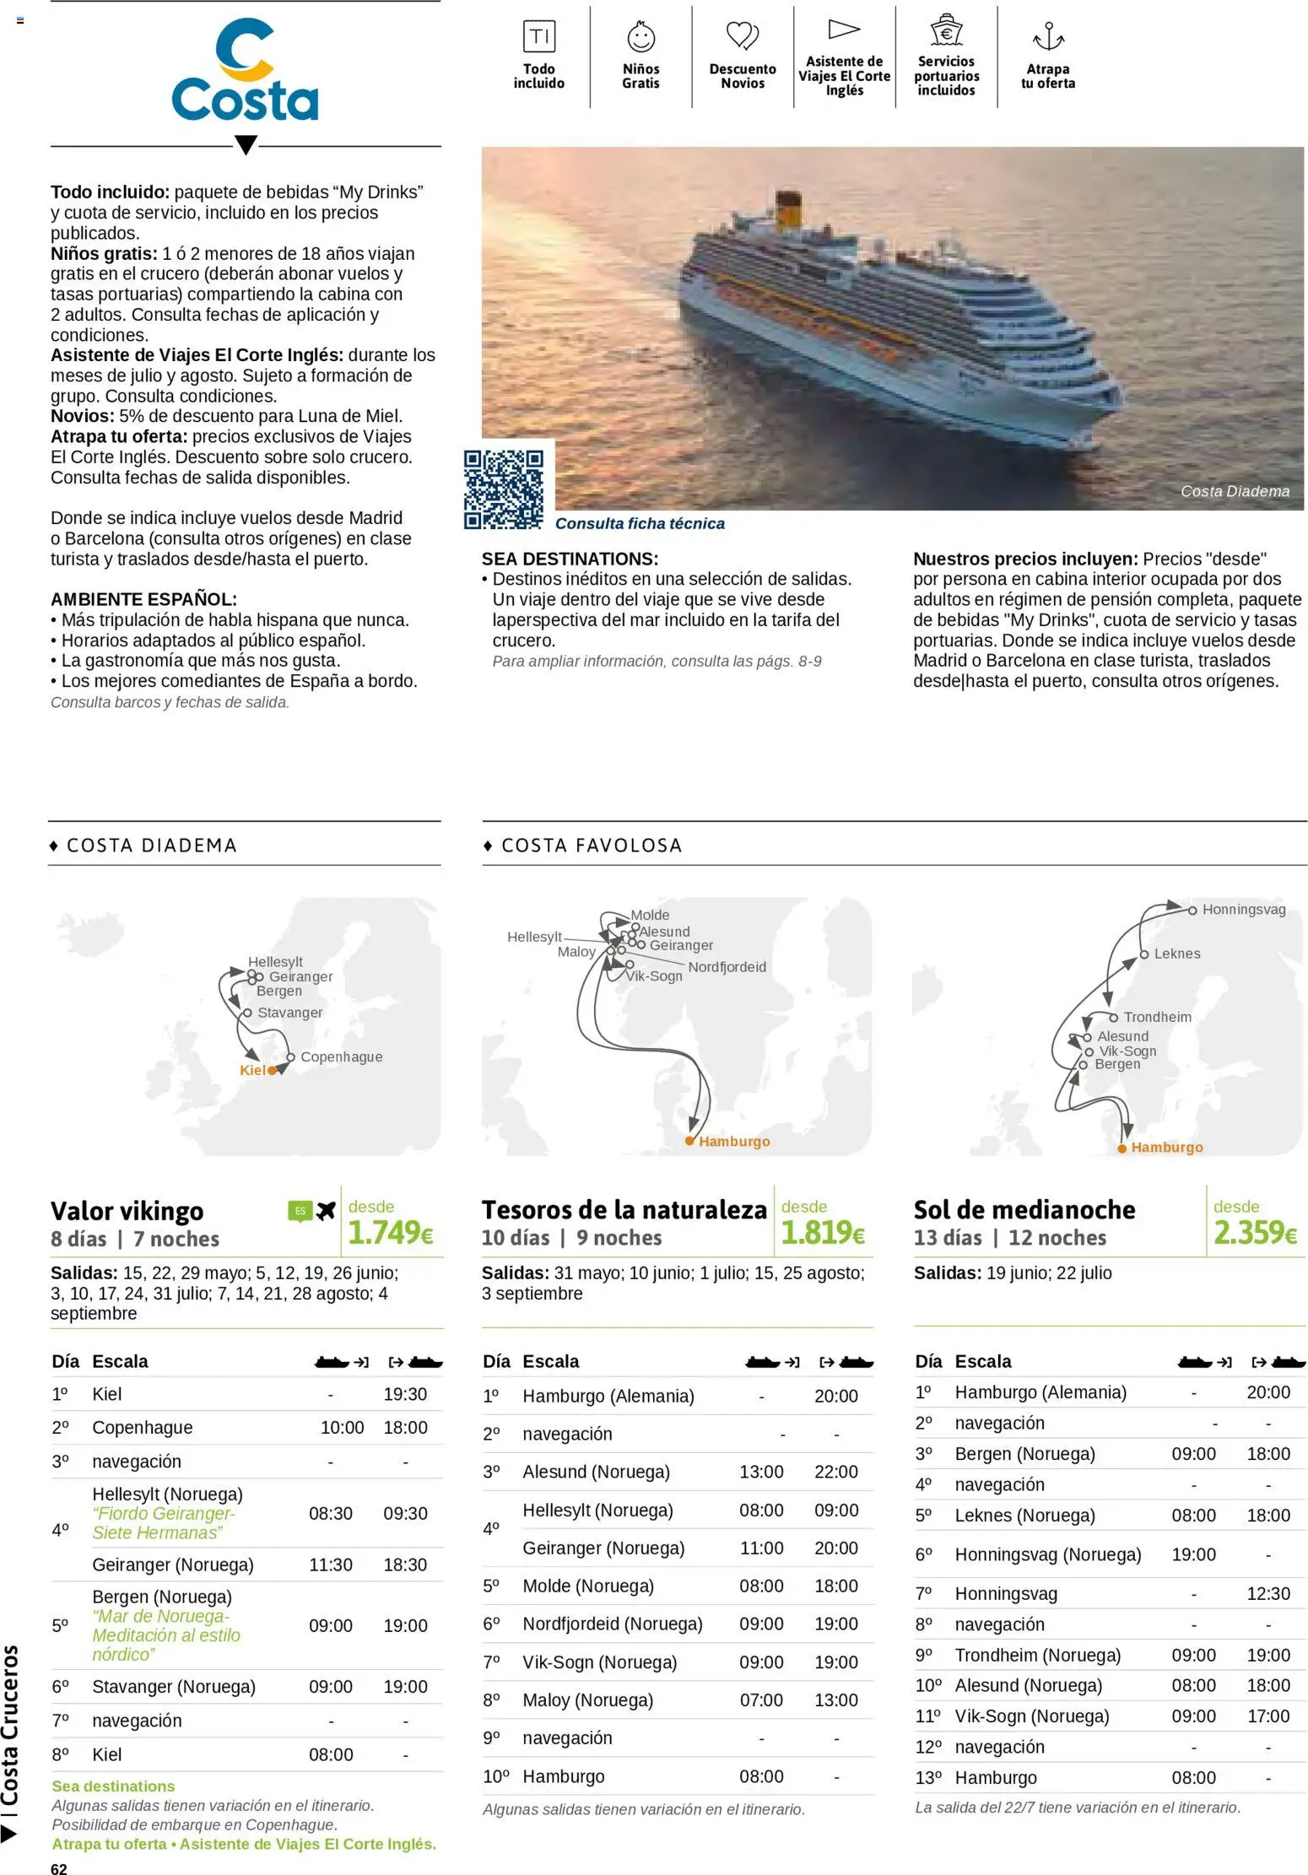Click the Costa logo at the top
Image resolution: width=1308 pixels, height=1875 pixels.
tap(245, 73)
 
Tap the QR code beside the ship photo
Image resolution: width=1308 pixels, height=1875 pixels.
tap(504, 489)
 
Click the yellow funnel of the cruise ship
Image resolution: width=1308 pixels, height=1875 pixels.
tap(788, 210)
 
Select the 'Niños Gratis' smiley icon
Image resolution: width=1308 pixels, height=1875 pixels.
tap(640, 37)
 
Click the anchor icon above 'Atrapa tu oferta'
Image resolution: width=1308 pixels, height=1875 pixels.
tap(1048, 37)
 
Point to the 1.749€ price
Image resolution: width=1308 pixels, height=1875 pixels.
tap(391, 1233)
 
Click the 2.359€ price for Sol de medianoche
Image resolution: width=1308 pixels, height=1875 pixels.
tap(1255, 1233)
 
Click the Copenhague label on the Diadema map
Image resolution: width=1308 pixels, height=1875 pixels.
tap(341, 1056)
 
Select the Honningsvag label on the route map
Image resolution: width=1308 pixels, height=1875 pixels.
tap(1243, 910)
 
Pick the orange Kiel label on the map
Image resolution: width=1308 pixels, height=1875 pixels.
tap(252, 1070)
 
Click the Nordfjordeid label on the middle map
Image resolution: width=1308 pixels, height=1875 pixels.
tap(727, 967)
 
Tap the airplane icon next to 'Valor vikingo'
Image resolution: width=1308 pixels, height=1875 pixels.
tap(326, 1211)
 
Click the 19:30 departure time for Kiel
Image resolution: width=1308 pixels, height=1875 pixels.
tap(405, 1394)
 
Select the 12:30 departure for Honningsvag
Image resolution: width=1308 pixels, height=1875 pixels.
tap(1267, 1593)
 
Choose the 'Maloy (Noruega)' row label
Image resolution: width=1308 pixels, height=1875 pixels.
tap(587, 1699)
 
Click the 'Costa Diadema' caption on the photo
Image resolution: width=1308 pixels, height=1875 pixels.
tap(1235, 491)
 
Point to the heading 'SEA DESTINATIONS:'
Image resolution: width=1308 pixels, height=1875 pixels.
tap(570, 559)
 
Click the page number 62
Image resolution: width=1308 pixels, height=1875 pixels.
tap(59, 1868)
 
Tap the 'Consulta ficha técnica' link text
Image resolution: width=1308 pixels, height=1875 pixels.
tap(640, 523)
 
